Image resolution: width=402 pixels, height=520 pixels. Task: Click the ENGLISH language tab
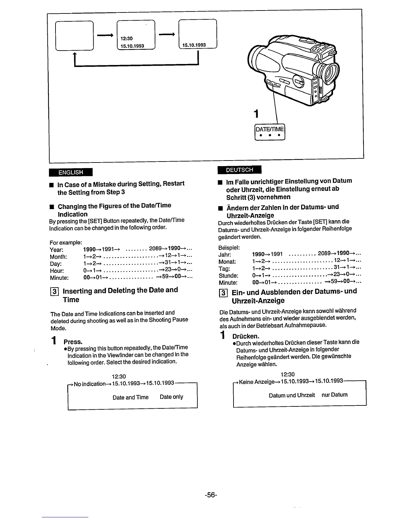(x=71, y=172)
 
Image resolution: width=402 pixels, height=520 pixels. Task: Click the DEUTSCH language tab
(x=239, y=170)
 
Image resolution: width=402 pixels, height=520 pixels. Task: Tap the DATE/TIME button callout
(x=270, y=132)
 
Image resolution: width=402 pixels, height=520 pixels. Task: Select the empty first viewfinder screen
(x=75, y=35)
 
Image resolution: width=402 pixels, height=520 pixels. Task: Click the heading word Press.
(x=73, y=342)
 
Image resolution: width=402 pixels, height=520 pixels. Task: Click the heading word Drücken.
(x=246, y=336)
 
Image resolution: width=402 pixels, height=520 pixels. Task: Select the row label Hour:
(x=57, y=271)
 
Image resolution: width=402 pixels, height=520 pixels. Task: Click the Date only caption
(x=171, y=397)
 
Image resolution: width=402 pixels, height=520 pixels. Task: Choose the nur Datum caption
(x=334, y=395)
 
